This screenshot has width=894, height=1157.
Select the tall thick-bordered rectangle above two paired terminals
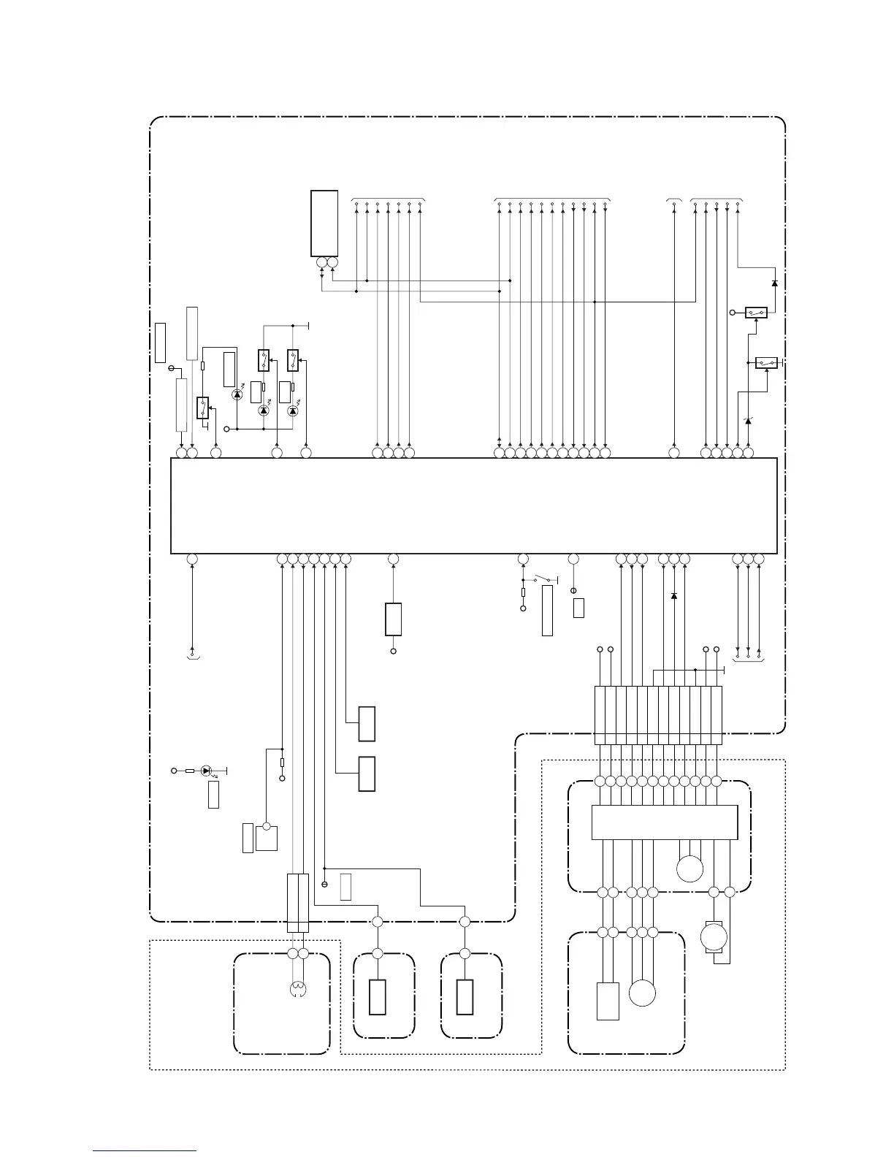pyautogui.click(x=324, y=223)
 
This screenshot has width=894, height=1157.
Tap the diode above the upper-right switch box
pyautogui.click(x=774, y=283)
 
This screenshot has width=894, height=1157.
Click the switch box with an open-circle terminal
pyautogui.click(x=756, y=313)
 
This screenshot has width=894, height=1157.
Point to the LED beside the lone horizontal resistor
pyautogui.click(x=206, y=770)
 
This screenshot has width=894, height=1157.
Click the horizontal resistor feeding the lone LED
pyautogui.click(x=189, y=770)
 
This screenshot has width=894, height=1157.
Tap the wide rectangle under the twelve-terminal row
pyautogui.click(x=664, y=822)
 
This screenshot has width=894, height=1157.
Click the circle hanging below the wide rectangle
pyautogui.click(x=690, y=868)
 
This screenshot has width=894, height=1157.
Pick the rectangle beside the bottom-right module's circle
pyautogui.click(x=608, y=1001)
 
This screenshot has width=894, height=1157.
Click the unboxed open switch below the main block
pyautogui.click(x=544, y=581)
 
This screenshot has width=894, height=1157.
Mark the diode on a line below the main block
pyautogui.click(x=673, y=596)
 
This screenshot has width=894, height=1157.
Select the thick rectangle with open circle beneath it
pyautogui.click(x=393, y=619)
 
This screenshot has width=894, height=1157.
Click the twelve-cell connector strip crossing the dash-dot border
pyautogui.click(x=658, y=714)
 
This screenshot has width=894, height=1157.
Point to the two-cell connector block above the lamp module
pyautogui.click(x=298, y=903)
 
